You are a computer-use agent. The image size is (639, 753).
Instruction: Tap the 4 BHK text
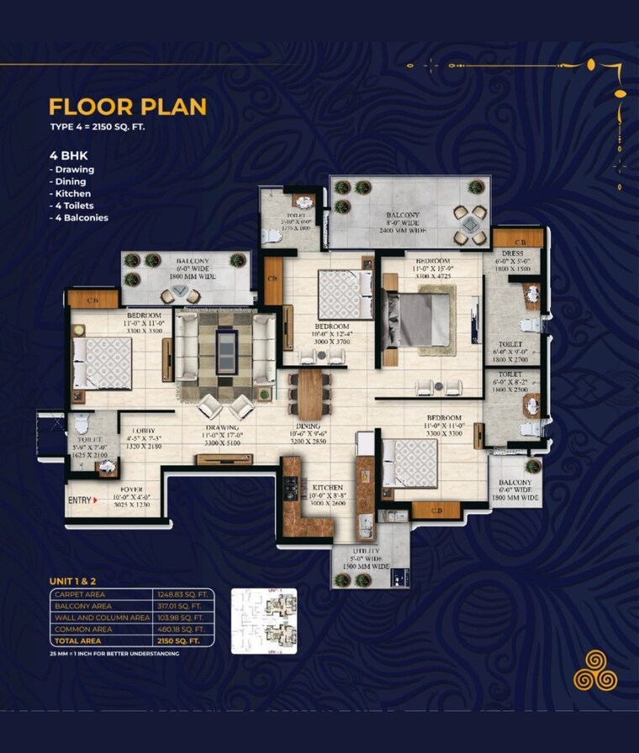coord(68,155)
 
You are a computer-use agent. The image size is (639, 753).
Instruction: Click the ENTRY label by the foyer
coord(79,501)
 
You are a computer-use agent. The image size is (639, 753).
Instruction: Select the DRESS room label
coord(512,253)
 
